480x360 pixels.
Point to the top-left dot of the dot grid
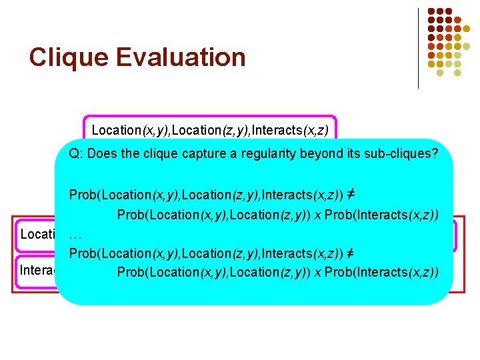click(431, 11)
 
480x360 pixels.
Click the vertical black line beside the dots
click(418, 48)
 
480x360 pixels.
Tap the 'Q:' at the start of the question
click(75, 155)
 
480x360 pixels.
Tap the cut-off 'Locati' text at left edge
click(37, 234)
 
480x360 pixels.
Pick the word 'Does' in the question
click(101, 155)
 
